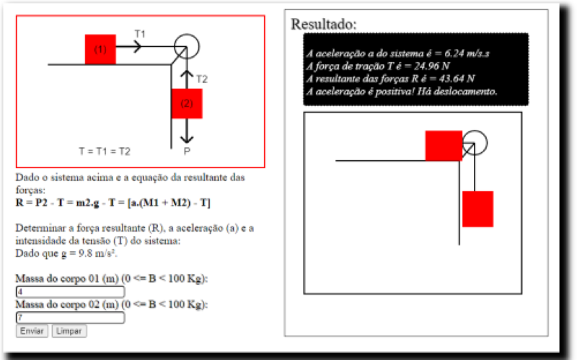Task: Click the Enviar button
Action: click(32, 330)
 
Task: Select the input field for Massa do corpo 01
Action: click(70, 292)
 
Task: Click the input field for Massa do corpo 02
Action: click(70, 317)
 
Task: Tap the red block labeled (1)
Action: click(100, 49)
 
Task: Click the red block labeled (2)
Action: click(187, 103)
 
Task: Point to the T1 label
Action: click(140, 34)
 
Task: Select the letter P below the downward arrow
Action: click(187, 151)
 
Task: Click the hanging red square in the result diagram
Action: click(477, 208)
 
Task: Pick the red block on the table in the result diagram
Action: click(444, 146)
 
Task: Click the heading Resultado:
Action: click(324, 24)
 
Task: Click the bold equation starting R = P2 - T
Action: click(113, 203)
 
